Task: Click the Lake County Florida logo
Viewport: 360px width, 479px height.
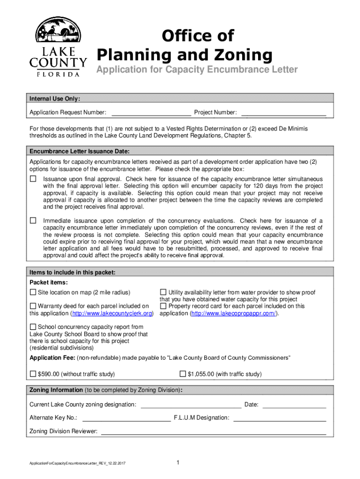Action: pyautogui.click(x=58, y=47)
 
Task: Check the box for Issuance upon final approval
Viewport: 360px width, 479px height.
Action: pyautogui.click(x=33, y=179)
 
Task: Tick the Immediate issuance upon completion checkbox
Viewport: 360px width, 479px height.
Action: pyautogui.click(x=33, y=220)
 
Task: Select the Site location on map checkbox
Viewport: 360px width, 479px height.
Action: pyautogui.click(x=33, y=292)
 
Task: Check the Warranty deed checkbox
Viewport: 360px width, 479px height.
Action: pyautogui.click(x=33, y=306)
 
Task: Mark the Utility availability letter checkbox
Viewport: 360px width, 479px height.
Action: pyautogui.click(x=163, y=292)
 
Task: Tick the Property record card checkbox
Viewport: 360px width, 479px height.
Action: pyautogui.click(x=163, y=306)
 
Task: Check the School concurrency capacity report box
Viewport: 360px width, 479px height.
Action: pyautogui.click(x=33, y=327)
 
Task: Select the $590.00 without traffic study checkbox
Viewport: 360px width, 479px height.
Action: pyautogui.click(x=33, y=374)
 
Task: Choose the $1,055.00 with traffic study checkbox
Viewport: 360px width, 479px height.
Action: pyautogui.click(x=183, y=374)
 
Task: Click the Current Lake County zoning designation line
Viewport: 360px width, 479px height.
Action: pyautogui.click(x=191, y=406)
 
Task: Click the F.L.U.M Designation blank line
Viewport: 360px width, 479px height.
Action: pyautogui.click(x=280, y=419)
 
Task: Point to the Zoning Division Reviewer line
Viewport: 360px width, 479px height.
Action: pyautogui.click(x=214, y=432)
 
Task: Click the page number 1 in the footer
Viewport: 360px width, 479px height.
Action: pyautogui.click(x=179, y=463)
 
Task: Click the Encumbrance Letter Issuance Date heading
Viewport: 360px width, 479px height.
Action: pyautogui.click(x=79, y=152)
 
